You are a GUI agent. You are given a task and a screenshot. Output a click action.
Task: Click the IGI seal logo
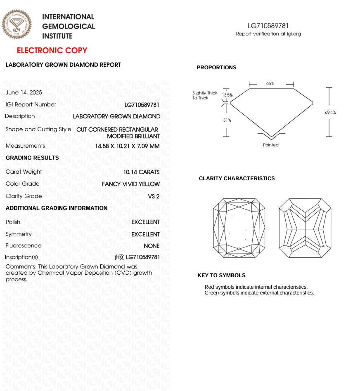17,24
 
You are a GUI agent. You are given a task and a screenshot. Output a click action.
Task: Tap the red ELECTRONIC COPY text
52,51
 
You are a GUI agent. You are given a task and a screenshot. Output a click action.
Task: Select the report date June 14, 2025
24,93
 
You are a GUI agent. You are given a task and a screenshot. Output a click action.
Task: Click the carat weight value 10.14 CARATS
141,172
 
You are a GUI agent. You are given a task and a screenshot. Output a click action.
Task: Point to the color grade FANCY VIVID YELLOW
131,184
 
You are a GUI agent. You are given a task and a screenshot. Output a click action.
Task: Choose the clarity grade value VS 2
154,196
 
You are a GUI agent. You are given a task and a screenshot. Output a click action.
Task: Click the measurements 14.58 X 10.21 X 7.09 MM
127,146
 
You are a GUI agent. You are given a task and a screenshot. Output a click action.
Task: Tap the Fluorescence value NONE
152,246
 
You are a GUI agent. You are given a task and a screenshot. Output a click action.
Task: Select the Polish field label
13,222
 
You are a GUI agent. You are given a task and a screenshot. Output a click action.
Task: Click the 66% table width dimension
270,84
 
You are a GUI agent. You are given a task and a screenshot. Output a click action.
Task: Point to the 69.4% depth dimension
330,112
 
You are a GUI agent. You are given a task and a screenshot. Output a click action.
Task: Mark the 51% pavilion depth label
227,120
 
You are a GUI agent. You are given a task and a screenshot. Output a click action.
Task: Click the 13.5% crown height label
227,95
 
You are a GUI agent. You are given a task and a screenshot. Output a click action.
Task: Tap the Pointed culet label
271,145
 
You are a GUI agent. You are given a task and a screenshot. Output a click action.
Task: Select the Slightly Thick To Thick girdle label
205,96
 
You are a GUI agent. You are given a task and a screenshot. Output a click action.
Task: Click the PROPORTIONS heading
216,68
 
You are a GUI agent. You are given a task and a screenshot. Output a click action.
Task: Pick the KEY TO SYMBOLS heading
221,276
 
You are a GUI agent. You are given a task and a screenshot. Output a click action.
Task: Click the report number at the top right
268,26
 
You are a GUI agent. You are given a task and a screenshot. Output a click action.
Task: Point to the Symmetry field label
19,234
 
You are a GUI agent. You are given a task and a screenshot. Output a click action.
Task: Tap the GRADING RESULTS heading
32,158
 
